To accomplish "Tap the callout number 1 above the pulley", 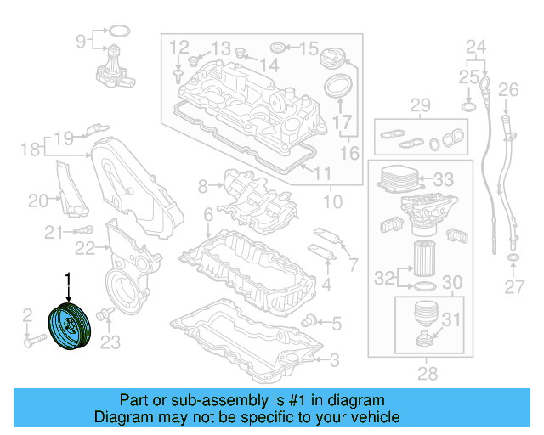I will [69, 278].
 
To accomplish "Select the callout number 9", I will [82, 40].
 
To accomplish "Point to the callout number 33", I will [444, 180].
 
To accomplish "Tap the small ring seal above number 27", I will [513, 257].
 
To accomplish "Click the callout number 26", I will [508, 89].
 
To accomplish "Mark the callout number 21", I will [54, 232].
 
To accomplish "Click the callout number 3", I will [334, 360].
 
